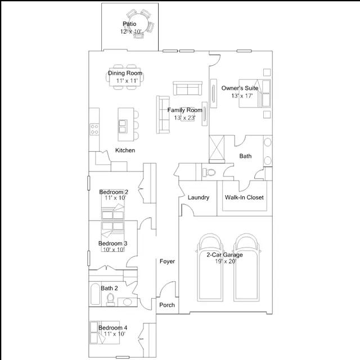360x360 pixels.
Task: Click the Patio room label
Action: click(129, 24)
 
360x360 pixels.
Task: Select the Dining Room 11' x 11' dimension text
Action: click(127, 80)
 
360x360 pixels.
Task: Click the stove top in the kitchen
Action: click(94, 129)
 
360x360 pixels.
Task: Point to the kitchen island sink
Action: click(123, 126)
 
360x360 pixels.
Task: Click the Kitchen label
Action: click(125, 150)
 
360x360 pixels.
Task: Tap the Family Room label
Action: click(185, 110)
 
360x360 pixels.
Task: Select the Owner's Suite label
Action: click(240, 88)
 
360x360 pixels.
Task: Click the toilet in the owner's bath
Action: click(209, 172)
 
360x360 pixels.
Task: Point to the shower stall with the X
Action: click(217, 148)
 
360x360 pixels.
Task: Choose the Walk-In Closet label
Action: click(244, 197)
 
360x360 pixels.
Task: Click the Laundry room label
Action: click(199, 197)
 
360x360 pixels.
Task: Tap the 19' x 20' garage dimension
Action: click(226, 261)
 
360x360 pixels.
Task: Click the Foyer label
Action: click(167, 261)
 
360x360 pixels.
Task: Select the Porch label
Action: click(167, 305)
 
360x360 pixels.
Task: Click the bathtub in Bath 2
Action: click(95, 294)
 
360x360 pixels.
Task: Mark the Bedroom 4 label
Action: click(112, 327)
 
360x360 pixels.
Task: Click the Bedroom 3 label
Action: click(112, 244)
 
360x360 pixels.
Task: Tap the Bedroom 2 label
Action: click(114, 192)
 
